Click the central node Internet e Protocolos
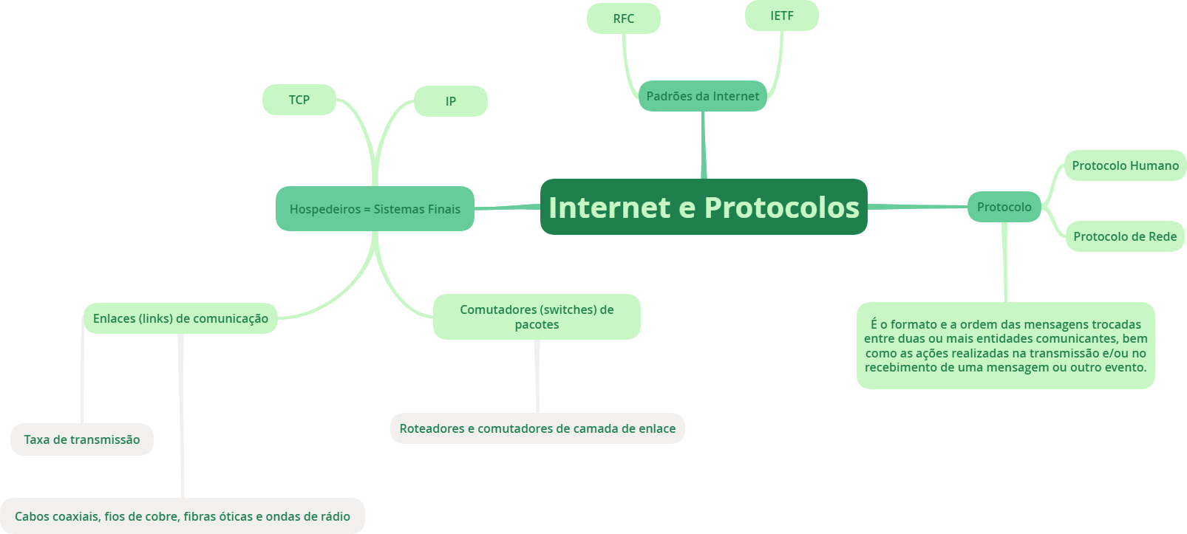tap(703, 207)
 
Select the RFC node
tap(623, 18)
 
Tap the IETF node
tap(781, 16)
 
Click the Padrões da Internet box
tap(702, 96)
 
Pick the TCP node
tap(299, 100)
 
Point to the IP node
tap(450, 101)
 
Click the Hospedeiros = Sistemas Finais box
tap(375, 209)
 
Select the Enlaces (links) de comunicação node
tap(180, 318)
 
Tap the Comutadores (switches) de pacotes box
tap(537, 317)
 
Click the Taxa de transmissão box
tap(81, 439)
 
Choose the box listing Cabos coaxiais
tap(182, 516)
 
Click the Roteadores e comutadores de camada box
tap(537, 428)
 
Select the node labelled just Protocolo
tap(1004, 207)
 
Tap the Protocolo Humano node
tap(1125, 165)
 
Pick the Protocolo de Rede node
tap(1124, 236)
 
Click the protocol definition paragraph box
tap(1005, 345)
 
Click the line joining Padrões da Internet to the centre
tap(703, 145)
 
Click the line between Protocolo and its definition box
tap(1005, 262)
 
